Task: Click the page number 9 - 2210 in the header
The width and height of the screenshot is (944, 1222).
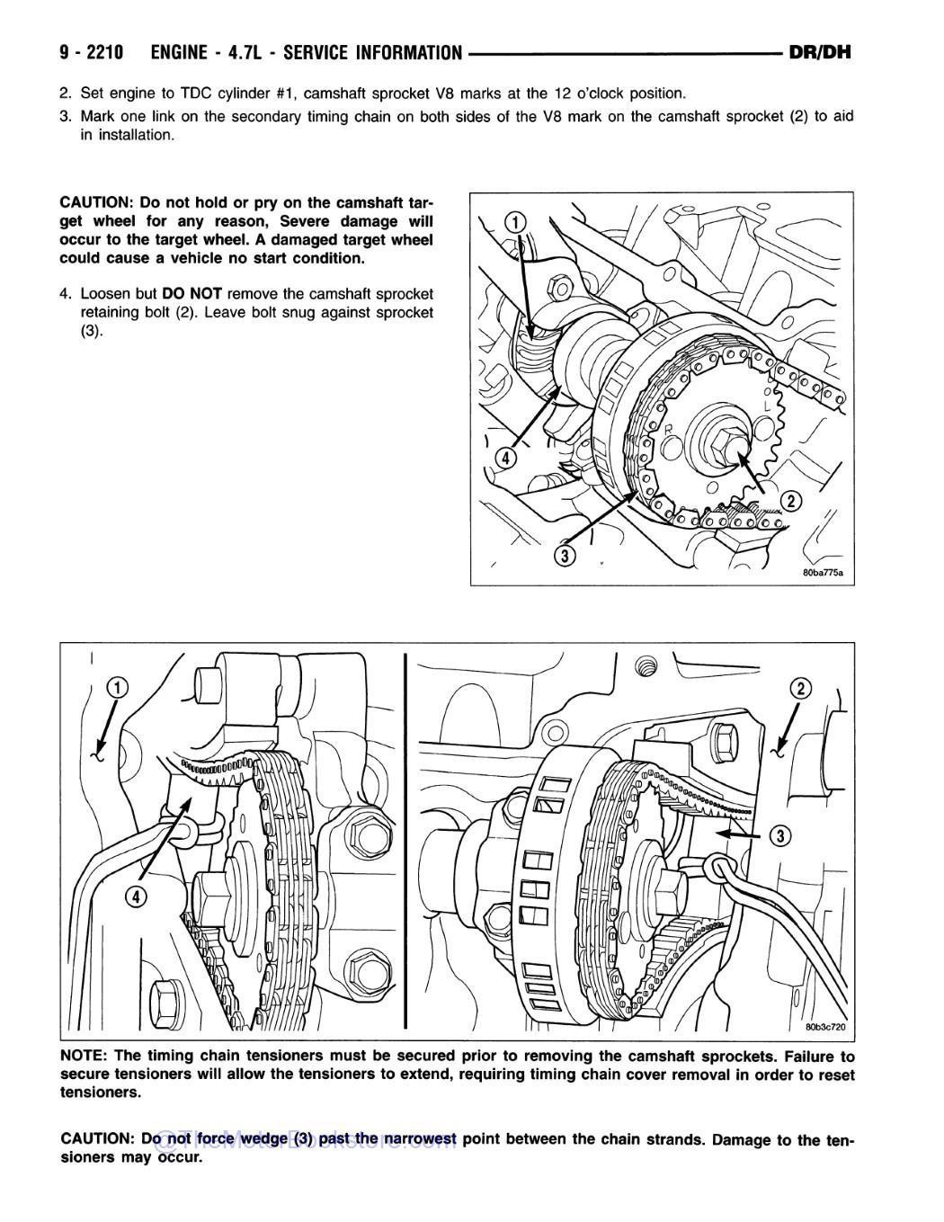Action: point(92,52)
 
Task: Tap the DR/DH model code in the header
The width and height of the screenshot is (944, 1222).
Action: point(818,52)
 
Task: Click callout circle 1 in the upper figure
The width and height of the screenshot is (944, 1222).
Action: point(514,222)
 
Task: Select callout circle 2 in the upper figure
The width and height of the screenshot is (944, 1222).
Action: point(790,501)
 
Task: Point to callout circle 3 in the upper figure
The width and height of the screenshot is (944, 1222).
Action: point(564,556)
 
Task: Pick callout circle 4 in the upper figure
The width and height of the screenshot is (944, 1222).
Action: point(506,458)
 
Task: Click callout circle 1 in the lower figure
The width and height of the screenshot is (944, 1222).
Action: point(118,689)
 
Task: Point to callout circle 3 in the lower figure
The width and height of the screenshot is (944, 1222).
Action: point(780,836)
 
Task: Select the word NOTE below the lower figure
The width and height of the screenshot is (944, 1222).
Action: point(84,1057)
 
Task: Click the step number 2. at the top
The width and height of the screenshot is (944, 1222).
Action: point(65,93)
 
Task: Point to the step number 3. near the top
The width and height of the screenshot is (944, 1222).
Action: point(65,116)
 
